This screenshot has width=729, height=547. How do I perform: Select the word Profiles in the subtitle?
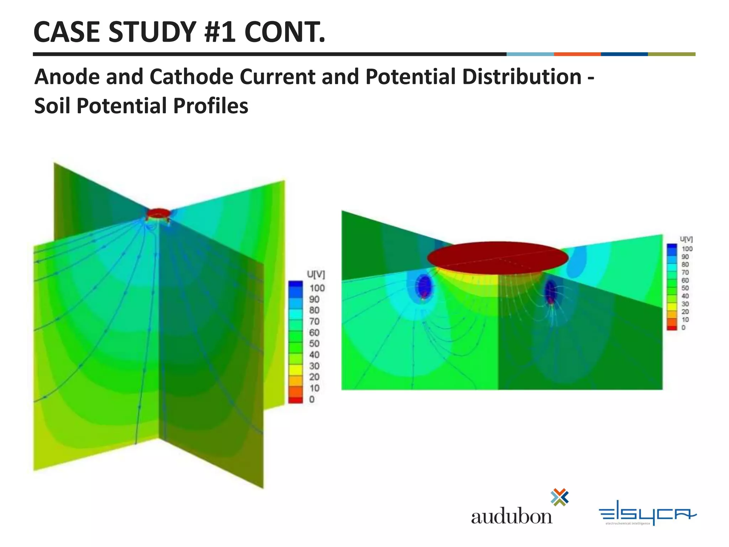click(210, 106)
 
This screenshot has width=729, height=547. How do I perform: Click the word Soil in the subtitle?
click(52, 106)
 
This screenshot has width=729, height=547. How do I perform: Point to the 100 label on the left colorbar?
click(317, 288)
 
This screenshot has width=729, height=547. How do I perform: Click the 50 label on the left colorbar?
click(314, 343)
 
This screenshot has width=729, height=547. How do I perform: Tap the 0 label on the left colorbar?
click(312, 399)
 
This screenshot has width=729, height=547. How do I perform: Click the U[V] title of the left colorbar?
click(316, 274)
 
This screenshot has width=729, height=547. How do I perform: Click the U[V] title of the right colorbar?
click(686, 239)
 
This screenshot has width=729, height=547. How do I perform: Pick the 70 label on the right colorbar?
click(685, 272)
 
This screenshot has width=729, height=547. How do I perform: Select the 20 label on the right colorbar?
click(685, 312)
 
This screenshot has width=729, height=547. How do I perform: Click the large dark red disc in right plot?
click(498, 257)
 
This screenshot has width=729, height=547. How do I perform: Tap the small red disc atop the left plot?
click(158, 213)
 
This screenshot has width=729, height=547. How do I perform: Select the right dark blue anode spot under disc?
click(551, 291)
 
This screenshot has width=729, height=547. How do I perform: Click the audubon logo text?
click(512, 516)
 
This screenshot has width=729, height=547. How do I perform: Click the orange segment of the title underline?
click(577, 54)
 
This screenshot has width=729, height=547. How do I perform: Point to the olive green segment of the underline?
click(671, 54)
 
